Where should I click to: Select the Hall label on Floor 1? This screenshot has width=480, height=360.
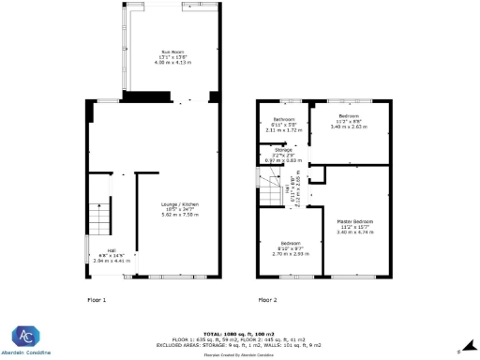111,250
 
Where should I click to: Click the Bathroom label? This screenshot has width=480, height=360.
284,120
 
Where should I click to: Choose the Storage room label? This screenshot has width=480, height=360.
283,150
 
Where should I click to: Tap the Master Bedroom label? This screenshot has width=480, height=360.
354,221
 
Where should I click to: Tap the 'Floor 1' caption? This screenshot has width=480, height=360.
97,300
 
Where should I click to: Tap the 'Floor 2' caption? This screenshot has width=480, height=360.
268,300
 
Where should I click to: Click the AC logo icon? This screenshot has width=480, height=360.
26,336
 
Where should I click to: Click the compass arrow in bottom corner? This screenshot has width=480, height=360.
459,351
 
